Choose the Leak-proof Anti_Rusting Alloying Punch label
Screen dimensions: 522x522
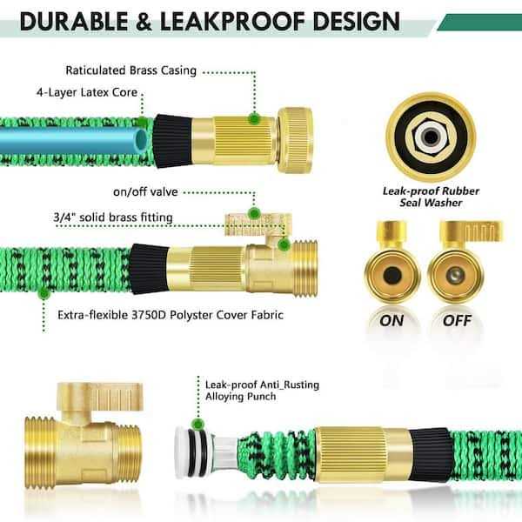coord(252,388)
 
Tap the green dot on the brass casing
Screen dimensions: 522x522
coord(254,118)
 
